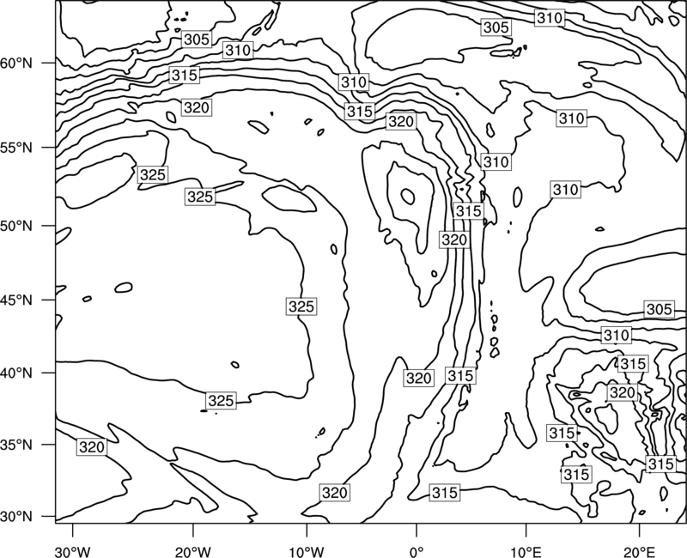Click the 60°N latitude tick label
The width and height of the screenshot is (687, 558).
[x=16, y=64]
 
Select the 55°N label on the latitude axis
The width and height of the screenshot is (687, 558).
[x=16, y=148]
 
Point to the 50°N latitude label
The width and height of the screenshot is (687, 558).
[x=16, y=226]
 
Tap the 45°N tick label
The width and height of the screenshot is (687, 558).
[x=16, y=300]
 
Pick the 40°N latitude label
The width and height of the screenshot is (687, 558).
[x=16, y=373]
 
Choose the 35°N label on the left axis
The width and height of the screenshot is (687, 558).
[x=16, y=445]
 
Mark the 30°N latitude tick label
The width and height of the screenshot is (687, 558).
[x=16, y=517]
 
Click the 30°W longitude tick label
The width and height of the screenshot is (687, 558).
[x=72, y=551]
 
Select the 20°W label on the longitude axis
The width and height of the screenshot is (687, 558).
[x=193, y=551]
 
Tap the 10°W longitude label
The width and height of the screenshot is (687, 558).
[x=306, y=551]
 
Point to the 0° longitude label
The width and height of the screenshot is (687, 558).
[x=416, y=551]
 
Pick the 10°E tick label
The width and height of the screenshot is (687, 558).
[x=526, y=551]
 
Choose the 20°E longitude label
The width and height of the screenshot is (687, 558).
[x=639, y=551]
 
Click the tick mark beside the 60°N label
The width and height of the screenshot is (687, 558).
[x=49, y=63]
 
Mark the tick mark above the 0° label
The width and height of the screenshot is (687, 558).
[x=416, y=530]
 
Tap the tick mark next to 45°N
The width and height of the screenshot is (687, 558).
[x=49, y=300]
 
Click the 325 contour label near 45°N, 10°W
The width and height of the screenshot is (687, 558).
[x=301, y=306]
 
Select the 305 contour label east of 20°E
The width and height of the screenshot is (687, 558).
[x=659, y=309]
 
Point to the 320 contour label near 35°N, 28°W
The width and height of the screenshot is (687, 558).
[x=92, y=447]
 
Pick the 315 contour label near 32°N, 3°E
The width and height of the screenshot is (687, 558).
[x=445, y=492]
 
